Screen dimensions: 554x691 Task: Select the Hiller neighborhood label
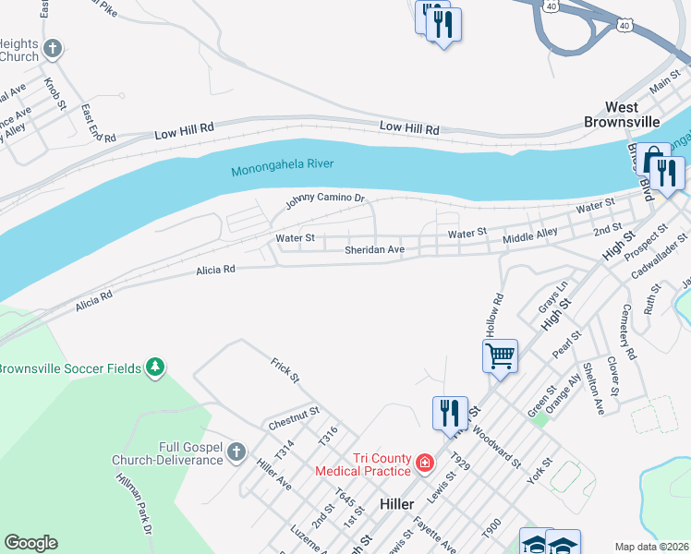(x=402, y=504)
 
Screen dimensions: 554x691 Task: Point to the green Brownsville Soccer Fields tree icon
(x=156, y=367)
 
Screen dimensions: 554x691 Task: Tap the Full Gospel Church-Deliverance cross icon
(x=236, y=452)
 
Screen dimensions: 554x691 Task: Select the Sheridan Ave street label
(x=374, y=250)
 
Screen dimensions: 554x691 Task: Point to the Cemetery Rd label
(x=628, y=331)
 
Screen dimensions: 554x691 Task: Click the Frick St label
(x=285, y=370)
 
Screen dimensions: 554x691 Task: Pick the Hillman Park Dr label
(x=133, y=503)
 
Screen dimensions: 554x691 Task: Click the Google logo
(x=30, y=543)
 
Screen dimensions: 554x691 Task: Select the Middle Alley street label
(x=529, y=236)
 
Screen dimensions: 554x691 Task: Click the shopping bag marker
(x=653, y=158)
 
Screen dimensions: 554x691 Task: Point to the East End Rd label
(x=97, y=123)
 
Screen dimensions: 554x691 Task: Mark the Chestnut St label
(x=294, y=418)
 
